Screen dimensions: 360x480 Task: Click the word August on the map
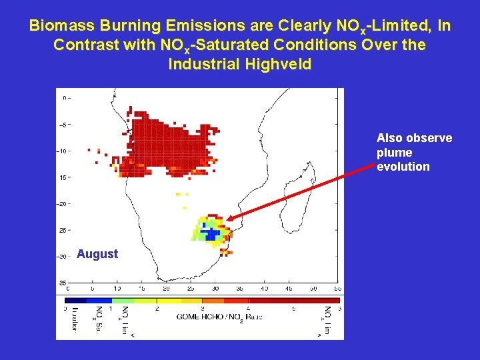coord(97,254)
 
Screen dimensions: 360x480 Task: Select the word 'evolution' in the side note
coord(403,167)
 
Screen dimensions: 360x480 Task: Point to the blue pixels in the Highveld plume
coord(212,233)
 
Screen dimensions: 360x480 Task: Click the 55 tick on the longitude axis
coord(337,289)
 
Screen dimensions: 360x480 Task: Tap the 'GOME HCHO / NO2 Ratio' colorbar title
coord(219,317)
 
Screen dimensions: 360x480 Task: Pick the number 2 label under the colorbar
coord(156,309)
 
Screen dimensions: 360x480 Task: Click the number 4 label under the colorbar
coord(248,309)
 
